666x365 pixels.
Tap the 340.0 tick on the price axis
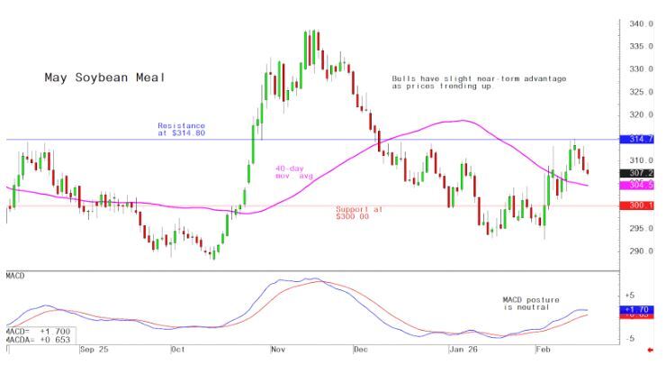click(641, 24)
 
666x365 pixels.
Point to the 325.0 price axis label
click(641, 93)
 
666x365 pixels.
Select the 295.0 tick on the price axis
click(641, 229)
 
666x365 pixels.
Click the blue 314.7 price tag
click(641, 140)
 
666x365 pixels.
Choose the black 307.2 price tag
click(641, 172)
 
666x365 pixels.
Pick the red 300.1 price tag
click(641, 205)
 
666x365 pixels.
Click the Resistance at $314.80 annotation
click(181, 129)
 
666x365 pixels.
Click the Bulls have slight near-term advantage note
click(479, 82)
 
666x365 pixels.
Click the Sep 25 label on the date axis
click(94, 348)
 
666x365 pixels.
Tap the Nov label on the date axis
click(277, 348)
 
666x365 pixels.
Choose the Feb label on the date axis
click(543, 348)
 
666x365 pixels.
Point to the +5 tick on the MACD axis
click(630, 296)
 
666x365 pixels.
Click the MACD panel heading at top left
click(16, 274)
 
